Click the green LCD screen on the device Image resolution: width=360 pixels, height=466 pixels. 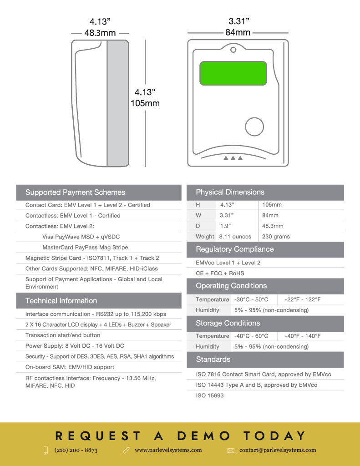[233, 73]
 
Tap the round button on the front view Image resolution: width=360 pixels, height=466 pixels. [254, 127]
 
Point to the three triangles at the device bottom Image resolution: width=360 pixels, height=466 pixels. [233, 158]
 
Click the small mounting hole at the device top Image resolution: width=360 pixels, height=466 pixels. [233, 49]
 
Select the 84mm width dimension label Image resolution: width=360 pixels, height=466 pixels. [238, 32]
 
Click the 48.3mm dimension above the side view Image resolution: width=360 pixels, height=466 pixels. [100, 33]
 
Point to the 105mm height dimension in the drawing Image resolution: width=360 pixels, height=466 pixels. [145, 103]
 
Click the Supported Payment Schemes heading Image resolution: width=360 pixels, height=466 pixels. [75, 192]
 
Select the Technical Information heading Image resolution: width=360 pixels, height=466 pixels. [61, 301]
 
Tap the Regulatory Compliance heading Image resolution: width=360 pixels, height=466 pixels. [234, 249]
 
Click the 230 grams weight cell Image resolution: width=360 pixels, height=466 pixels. [276, 237]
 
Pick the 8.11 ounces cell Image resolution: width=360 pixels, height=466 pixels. [235, 237]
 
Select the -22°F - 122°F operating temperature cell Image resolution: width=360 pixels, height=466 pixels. [303, 299]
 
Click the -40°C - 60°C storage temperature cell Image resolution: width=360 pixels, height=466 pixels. [251, 336]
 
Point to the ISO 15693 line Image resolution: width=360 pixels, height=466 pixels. [210, 395]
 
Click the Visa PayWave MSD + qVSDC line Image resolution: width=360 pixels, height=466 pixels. [81, 237]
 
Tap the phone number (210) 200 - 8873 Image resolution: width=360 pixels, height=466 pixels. [76, 450]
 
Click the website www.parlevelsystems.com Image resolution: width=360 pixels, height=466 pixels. [168, 450]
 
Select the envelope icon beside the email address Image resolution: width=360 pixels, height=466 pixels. [231, 451]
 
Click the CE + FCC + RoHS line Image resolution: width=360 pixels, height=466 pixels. [220, 274]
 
